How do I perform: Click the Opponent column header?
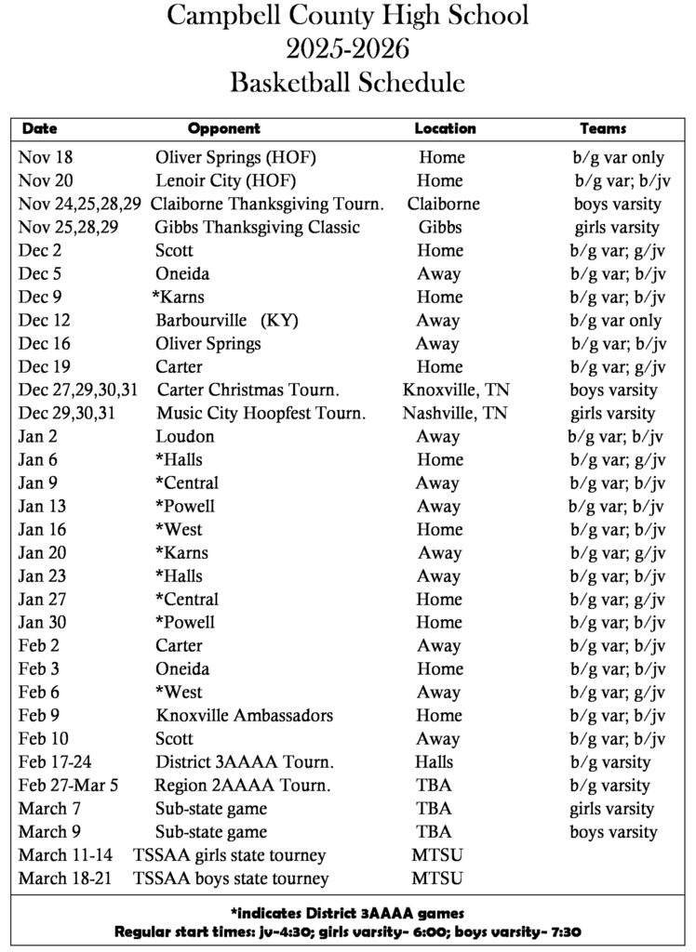[x=223, y=128]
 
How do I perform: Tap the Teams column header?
[x=603, y=128]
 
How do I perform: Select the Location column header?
[x=445, y=128]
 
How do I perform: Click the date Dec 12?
[x=44, y=321]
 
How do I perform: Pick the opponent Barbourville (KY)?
[x=227, y=321]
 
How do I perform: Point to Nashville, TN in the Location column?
[x=455, y=414]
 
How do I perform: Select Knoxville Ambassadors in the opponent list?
[x=245, y=716]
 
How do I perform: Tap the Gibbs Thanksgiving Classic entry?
[x=258, y=228]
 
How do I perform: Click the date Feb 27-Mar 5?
[x=69, y=786]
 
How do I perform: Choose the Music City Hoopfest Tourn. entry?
[x=261, y=414]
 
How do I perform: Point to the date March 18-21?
[x=59, y=879]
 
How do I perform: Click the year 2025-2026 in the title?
[x=348, y=48]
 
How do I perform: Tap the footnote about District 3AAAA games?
[x=347, y=913]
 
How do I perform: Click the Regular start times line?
[x=347, y=932]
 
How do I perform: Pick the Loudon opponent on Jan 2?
[x=185, y=437]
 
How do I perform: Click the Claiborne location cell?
[x=444, y=205]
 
